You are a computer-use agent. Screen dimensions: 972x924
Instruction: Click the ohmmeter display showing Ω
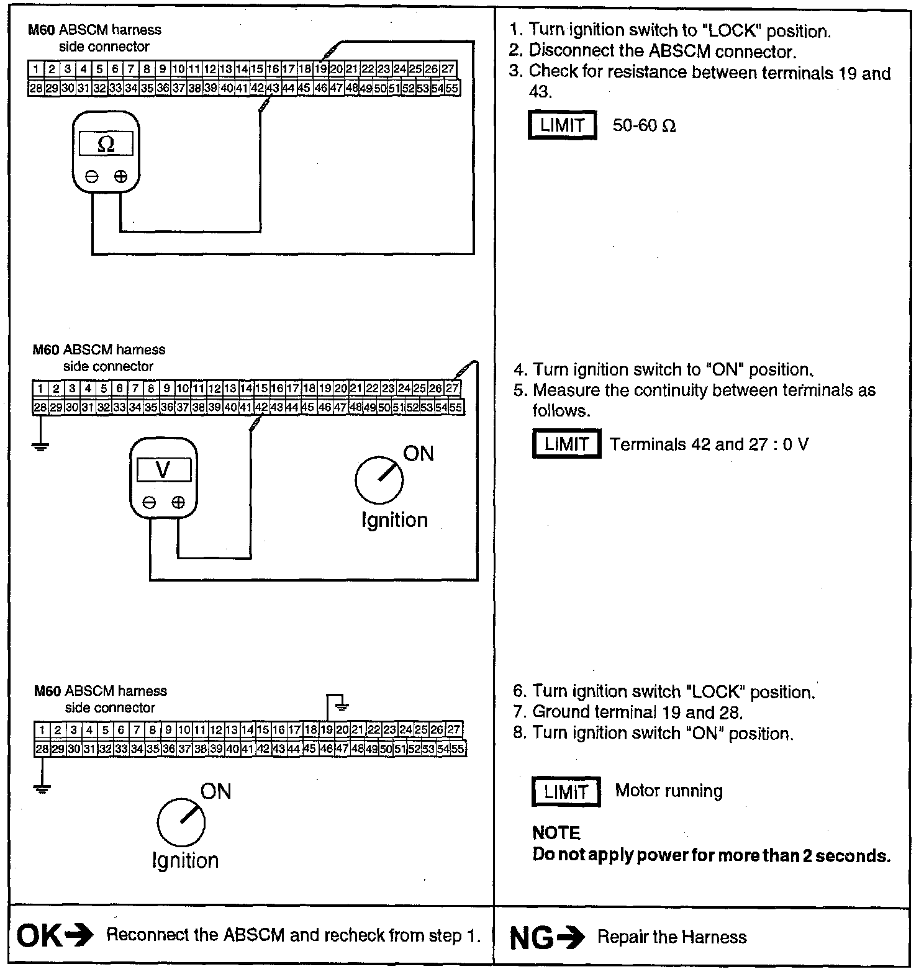(106, 144)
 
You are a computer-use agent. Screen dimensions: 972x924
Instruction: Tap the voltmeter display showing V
(163, 470)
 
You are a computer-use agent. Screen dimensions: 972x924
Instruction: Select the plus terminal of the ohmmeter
(121, 177)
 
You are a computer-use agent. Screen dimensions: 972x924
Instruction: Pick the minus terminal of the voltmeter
(149, 503)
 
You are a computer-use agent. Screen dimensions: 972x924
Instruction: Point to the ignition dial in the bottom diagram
(181, 822)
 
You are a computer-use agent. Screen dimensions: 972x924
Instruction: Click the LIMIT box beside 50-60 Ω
(562, 125)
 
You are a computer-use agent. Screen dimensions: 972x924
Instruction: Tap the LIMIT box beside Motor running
(566, 792)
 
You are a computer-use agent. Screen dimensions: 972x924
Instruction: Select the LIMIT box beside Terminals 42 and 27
(566, 444)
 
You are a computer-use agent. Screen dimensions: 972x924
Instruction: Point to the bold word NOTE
(556, 833)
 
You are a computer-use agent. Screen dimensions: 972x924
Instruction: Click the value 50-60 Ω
(644, 126)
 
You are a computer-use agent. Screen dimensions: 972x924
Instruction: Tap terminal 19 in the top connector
(320, 69)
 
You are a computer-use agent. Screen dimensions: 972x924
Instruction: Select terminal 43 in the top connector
(273, 88)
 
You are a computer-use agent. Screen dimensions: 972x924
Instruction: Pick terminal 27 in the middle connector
(453, 389)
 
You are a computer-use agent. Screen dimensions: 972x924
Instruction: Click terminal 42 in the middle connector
(261, 408)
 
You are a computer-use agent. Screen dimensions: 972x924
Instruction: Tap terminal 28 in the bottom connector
(42, 749)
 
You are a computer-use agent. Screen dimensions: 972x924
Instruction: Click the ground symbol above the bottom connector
(341, 704)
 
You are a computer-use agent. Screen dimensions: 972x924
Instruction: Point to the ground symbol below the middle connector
(41, 445)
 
